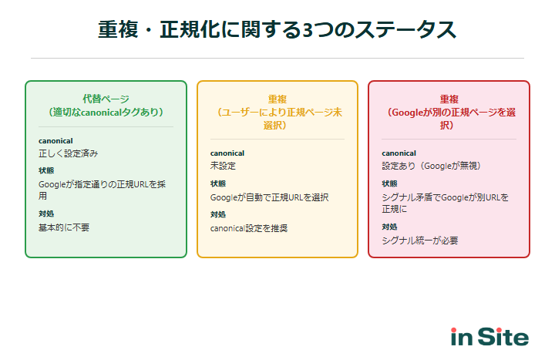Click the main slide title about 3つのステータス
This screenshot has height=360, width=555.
[277, 30]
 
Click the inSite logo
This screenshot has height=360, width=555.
[489, 337]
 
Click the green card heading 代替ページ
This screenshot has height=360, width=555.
[106, 99]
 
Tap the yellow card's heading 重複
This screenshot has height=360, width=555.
[277, 99]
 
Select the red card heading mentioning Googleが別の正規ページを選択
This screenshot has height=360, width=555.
[449, 112]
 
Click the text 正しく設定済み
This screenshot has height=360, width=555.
[69, 153]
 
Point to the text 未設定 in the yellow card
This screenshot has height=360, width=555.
[223, 166]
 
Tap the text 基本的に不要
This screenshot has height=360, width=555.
[64, 227]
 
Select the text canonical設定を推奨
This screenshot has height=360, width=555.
[249, 228]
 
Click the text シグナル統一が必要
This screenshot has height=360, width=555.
[420, 240]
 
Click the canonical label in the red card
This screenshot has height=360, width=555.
[399, 153]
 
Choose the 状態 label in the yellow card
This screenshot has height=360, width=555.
[218, 184]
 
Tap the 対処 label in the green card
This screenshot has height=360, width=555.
[46, 214]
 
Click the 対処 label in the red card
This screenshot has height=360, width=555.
[389, 227]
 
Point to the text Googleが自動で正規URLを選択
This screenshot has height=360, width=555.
[269, 197]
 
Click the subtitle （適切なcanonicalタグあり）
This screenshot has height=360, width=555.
[106, 112]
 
